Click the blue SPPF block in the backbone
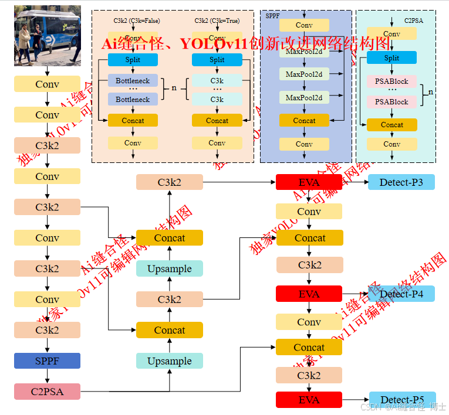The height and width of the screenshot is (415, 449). (x=47, y=360)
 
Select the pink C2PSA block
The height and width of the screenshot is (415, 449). (x=47, y=391)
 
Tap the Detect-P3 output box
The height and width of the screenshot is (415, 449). (x=401, y=182)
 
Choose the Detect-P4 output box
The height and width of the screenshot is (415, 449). (x=401, y=294)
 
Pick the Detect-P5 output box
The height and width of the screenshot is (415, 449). (x=402, y=400)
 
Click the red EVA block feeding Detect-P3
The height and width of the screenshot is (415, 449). (x=309, y=182)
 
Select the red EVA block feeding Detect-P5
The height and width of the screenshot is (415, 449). (x=309, y=400)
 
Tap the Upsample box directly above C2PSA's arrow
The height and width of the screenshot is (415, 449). (x=170, y=361)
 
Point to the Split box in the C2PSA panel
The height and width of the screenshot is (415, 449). (x=391, y=57)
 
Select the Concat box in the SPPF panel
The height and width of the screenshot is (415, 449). (x=304, y=120)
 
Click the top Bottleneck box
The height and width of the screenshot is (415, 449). (x=133, y=80)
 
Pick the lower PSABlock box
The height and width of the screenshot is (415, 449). (x=391, y=101)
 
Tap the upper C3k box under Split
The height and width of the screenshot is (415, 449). (x=217, y=80)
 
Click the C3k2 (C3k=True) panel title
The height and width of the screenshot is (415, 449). (x=217, y=21)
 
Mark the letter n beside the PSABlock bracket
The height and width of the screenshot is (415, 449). (x=430, y=91)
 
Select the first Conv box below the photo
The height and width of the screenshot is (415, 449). (x=47, y=84)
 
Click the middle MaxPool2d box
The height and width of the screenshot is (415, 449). (x=304, y=74)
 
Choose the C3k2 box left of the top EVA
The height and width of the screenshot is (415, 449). (x=170, y=182)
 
